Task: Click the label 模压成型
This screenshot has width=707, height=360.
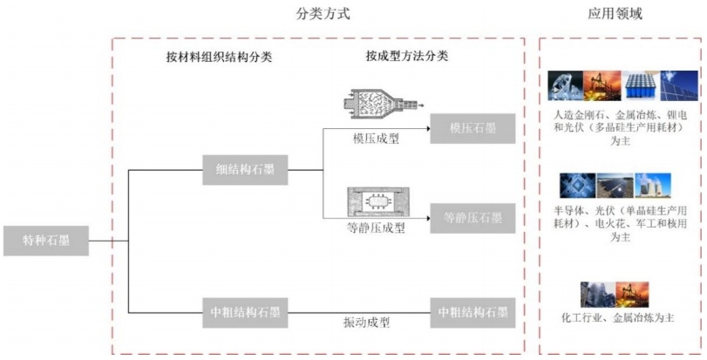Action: [x=377, y=137]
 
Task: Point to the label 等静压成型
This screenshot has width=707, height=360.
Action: [x=376, y=228]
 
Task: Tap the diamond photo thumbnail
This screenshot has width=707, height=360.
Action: [x=566, y=85]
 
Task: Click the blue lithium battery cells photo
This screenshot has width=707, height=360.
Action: [x=641, y=85]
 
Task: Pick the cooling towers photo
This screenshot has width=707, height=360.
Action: [x=653, y=187]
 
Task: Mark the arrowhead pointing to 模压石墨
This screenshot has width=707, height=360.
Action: [x=428, y=128]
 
